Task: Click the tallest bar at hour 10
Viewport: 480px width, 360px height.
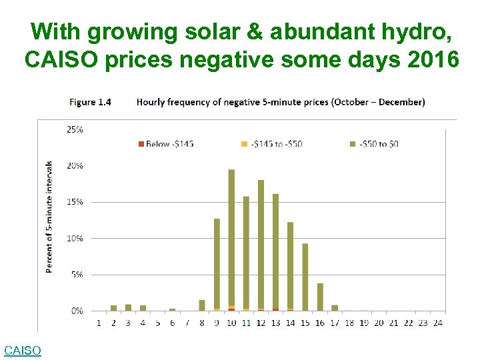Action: coord(231,240)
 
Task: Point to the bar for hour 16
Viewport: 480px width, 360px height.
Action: coord(319,297)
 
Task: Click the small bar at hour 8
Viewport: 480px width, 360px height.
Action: coord(202,305)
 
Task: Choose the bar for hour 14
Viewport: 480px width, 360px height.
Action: coord(290,266)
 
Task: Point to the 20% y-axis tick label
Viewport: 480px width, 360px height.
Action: coord(74,165)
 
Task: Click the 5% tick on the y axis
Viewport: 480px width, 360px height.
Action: coord(77,274)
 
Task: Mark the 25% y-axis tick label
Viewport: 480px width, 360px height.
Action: coord(74,129)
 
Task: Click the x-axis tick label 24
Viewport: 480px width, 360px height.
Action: coord(437,323)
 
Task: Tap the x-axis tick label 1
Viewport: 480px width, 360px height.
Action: coord(99,323)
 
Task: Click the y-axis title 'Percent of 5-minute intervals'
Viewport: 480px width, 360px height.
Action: coord(49,217)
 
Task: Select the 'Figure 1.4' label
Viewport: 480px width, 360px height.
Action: coord(90,102)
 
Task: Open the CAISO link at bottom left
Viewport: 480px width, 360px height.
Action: coord(22,350)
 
